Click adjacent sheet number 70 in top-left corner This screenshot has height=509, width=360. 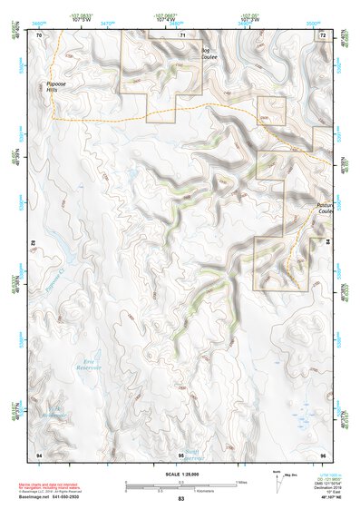click(x=39, y=35)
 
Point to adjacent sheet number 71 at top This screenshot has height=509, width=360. click(x=181, y=35)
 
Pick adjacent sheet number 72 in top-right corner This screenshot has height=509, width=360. click(x=322, y=35)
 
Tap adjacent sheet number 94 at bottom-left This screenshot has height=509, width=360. click(x=39, y=453)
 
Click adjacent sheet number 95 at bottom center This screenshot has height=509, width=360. click(x=181, y=453)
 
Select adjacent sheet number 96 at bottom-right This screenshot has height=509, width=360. click(x=322, y=453)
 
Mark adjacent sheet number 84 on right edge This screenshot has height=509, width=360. click(x=326, y=243)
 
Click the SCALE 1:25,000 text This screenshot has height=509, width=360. click(x=180, y=473)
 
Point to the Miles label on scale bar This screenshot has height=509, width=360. click(x=241, y=481)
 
